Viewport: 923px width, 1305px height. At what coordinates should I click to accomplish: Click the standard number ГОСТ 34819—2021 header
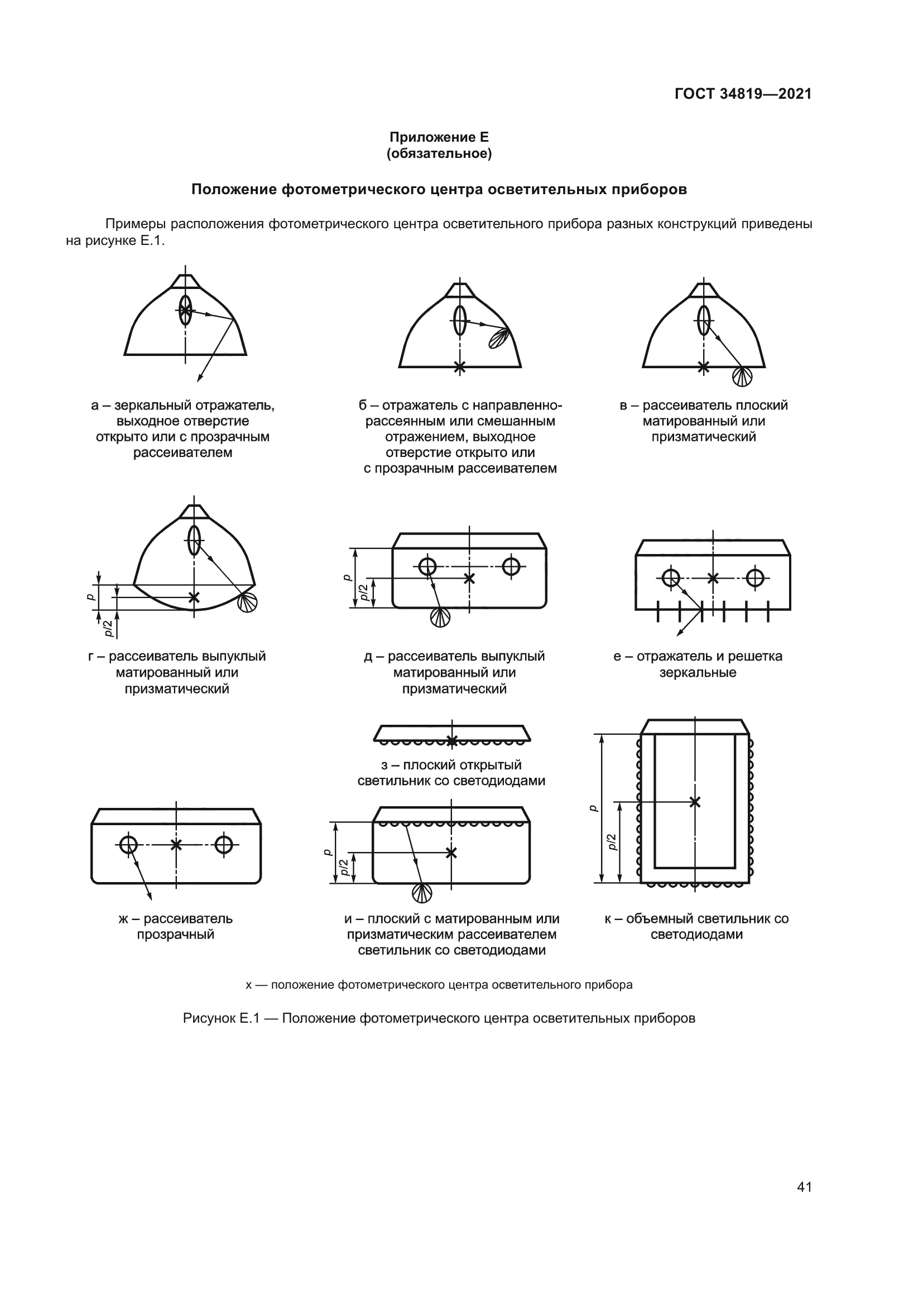[743, 94]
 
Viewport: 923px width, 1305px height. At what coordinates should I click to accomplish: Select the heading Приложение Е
[439, 137]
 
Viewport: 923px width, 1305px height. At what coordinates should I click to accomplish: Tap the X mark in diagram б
[460, 367]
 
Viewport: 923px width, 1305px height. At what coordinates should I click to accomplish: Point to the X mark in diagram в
[704, 367]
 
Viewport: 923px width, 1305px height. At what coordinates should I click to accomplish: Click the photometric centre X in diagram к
[695, 802]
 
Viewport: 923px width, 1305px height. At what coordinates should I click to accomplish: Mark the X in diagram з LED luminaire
[452, 740]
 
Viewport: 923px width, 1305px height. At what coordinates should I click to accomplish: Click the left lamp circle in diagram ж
[128, 844]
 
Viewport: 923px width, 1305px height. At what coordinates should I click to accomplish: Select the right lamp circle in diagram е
[755, 578]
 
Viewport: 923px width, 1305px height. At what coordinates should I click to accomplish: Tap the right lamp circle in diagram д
[511, 566]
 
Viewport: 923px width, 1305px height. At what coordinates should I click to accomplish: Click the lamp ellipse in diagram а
[185, 310]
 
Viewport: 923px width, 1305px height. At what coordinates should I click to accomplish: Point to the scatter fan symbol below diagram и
[422, 893]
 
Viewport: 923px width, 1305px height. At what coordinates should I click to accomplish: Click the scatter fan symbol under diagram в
[742, 376]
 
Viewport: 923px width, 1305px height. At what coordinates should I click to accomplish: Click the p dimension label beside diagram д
[347, 577]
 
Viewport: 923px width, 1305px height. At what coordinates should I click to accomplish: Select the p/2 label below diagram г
[107, 628]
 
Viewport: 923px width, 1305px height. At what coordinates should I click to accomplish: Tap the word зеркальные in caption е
[698, 673]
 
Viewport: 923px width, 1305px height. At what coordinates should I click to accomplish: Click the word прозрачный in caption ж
[176, 935]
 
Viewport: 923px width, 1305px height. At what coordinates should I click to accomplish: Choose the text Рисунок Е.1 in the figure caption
[221, 1018]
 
